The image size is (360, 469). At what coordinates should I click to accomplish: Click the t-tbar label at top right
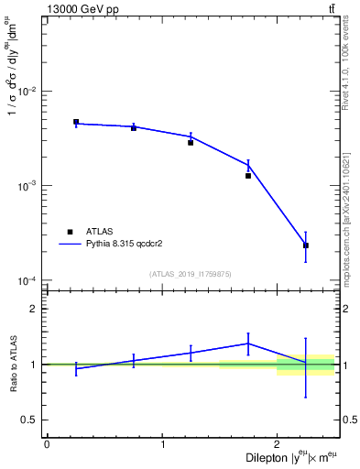pyautogui.click(x=331, y=9)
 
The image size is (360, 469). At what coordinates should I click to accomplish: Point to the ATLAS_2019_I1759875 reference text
pyautogui.click(x=191, y=274)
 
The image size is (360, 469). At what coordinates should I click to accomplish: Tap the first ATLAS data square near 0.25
pyautogui.click(x=76, y=122)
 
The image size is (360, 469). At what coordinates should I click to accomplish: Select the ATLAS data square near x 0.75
pyautogui.click(x=134, y=128)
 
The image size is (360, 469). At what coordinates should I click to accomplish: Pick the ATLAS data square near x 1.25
pyautogui.click(x=191, y=143)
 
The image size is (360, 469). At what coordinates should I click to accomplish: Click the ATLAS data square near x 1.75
pyautogui.click(x=248, y=176)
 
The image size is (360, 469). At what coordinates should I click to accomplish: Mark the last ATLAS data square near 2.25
pyautogui.click(x=306, y=245)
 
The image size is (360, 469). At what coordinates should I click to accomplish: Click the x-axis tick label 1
pyautogui.click(x=162, y=444)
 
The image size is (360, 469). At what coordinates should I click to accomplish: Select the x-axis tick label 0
pyautogui.click(x=47, y=444)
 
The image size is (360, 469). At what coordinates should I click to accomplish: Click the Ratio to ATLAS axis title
pyautogui.click(x=13, y=364)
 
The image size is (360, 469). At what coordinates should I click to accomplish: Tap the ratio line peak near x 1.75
pyautogui.click(x=248, y=344)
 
